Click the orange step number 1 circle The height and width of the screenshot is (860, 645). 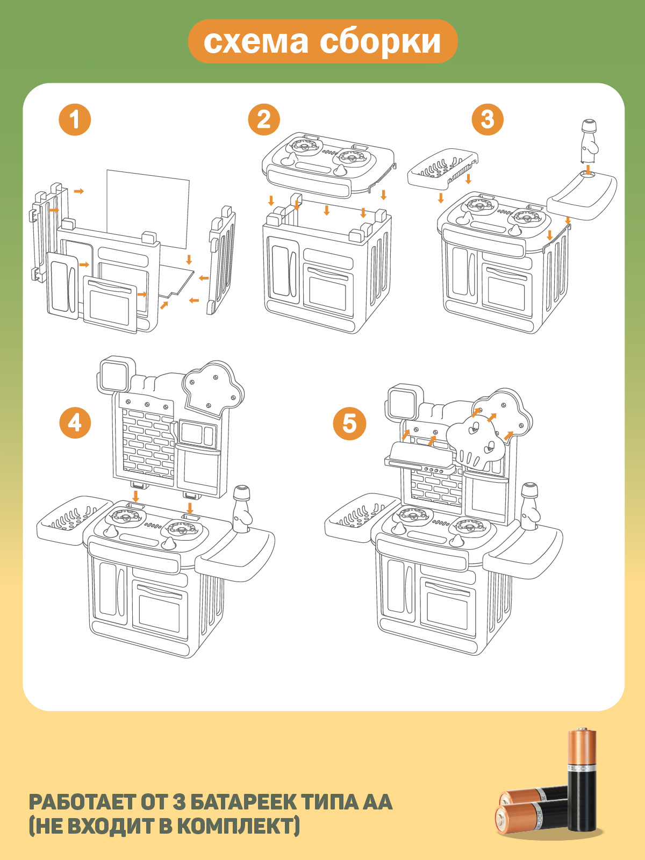(75, 119)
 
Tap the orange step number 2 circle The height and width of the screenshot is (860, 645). (264, 119)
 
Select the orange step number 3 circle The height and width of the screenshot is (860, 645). (488, 119)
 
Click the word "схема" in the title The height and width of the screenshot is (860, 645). (256, 41)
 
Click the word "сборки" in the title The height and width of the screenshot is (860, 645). (380, 42)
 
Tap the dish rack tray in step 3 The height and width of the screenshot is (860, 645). (442, 167)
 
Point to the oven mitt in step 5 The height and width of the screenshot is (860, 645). (474, 443)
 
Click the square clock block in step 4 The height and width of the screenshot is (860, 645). (116, 376)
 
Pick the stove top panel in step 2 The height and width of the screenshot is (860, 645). (328, 164)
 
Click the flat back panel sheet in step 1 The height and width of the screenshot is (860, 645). (148, 209)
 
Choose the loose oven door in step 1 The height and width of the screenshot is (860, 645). (110, 304)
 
